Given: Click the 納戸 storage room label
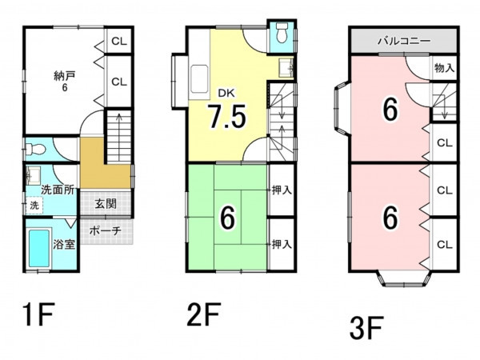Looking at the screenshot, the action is [x=65, y=76].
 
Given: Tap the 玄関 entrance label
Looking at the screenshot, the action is [x=106, y=203].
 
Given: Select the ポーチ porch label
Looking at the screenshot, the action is [x=106, y=230].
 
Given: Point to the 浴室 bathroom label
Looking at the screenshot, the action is [x=64, y=244].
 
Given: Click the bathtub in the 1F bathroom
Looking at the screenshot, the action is [x=39, y=248].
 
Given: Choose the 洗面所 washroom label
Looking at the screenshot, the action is [x=58, y=190].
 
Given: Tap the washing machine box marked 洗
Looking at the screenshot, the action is [x=34, y=206].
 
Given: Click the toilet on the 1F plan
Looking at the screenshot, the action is [x=35, y=150].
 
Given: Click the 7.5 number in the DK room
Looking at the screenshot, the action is [x=227, y=116].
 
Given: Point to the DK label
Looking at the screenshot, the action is [x=226, y=94].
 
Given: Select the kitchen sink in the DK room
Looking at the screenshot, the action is [x=199, y=80].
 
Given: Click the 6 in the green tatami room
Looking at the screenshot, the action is [x=228, y=218].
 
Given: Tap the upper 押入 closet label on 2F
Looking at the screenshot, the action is [x=282, y=190].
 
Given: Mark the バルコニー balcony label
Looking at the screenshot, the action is [x=404, y=41].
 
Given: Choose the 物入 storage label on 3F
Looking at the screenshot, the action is [x=445, y=68].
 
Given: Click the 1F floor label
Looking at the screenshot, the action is [x=38, y=314].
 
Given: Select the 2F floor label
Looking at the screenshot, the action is [x=204, y=314].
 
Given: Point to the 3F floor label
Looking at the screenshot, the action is [x=366, y=328].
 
